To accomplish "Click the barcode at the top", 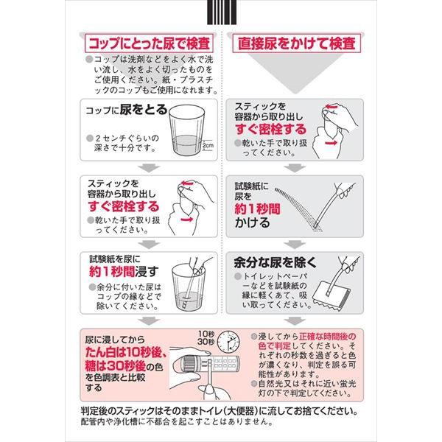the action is click(222, 12).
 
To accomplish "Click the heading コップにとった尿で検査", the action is click(149, 43).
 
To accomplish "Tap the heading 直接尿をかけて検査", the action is click(297, 43).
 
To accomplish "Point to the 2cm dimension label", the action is click(208, 145).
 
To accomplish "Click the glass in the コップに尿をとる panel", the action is click(186, 130).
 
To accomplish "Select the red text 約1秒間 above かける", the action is click(258, 209).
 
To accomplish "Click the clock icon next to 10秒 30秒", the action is click(228, 342).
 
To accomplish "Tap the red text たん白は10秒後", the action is click(126, 352).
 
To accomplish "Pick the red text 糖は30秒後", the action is click(116, 366).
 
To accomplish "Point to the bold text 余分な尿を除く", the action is click(276, 262).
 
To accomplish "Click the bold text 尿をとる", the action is click(144, 110).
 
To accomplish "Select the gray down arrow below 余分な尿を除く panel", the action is click(295, 320).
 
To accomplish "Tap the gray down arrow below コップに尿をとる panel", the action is click(149, 168).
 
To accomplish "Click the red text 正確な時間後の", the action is click(328, 337).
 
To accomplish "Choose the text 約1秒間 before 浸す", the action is click(112, 272).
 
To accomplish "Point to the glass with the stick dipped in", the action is click(188, 287).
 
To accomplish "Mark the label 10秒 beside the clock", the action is click(206, 334).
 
